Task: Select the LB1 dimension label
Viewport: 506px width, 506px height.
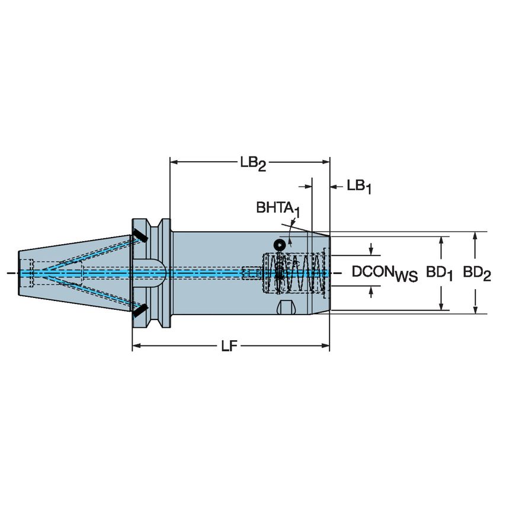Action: tap(359, 187)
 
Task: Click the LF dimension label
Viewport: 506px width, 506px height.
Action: tap(229, 347)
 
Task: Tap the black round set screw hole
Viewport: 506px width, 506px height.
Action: tap(279, 244)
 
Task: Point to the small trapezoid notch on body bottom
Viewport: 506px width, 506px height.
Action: tap(286, 308)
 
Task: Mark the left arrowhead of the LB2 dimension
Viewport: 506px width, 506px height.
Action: tap(174, 161)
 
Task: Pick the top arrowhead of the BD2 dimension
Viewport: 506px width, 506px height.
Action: tap(475, 235)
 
